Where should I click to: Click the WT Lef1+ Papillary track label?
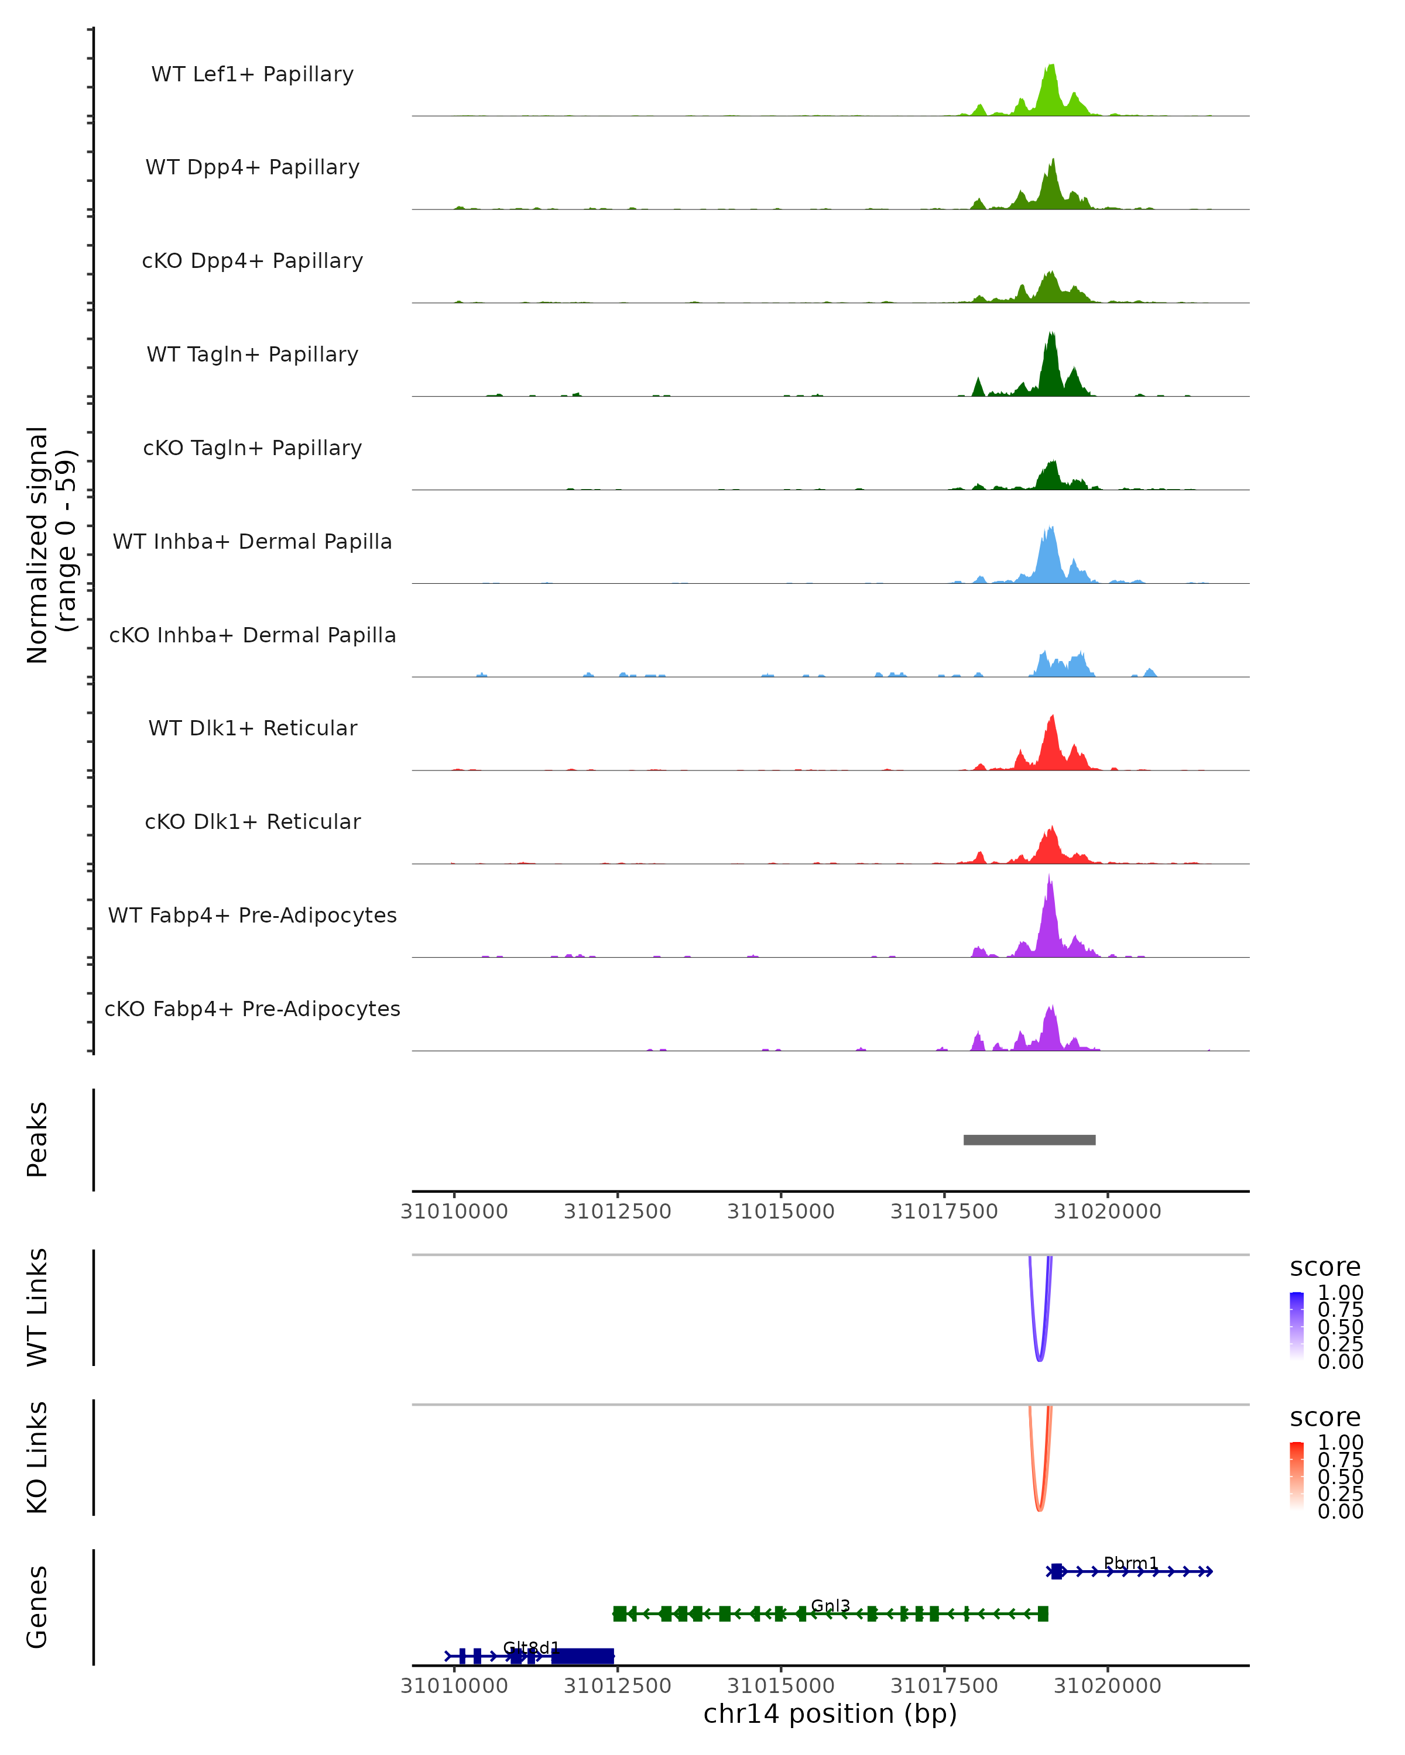252,74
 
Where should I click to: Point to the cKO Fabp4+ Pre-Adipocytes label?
252,1009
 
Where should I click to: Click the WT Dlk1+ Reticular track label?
252,728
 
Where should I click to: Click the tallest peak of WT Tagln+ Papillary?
1051,334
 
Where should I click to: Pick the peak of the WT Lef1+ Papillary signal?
1051,65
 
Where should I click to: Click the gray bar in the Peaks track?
1030,1140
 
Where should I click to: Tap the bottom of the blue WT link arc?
1039,1360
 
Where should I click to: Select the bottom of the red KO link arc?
1039,1510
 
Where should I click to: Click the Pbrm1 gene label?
1130,1564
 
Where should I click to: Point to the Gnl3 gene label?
830,1606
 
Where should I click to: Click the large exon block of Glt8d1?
582,1656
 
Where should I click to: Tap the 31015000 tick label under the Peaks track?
780,1212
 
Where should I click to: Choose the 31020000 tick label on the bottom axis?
1107,1686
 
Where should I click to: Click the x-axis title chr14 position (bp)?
830,1714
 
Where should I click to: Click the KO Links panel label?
37,1457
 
